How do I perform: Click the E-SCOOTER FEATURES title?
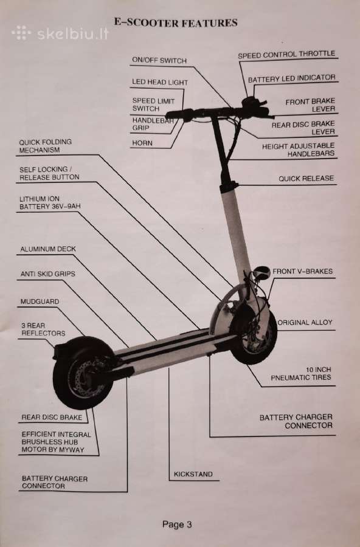(x=176, y=23)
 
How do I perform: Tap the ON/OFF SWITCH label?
(x=159, y=60)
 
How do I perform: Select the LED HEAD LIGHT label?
(x=160, y=82)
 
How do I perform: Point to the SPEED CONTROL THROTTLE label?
(x=286, y=55)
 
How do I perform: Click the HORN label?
(x=142, y=143)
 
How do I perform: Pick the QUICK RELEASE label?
(x=306, y=179)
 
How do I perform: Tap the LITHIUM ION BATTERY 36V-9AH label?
(x=50, y=202)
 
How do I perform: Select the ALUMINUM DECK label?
(x=48, y=249)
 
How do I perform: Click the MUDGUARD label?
(x=40, y=301)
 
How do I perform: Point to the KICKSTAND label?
(x=193, y=474)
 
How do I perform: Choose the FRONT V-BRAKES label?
(x=302, y=272)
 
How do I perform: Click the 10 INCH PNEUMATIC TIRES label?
(x=301, y=374)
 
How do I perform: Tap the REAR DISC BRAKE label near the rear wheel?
(x=52, y=417)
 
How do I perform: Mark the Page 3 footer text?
(x=177, y=525)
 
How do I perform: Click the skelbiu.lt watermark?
(x=60, y=33)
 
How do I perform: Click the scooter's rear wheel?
(x=84, y=373)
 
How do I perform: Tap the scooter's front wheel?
(x=254, y=335)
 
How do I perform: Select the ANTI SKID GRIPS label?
(x=47, y=274)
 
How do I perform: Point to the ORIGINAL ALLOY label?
(x=305, y=322)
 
